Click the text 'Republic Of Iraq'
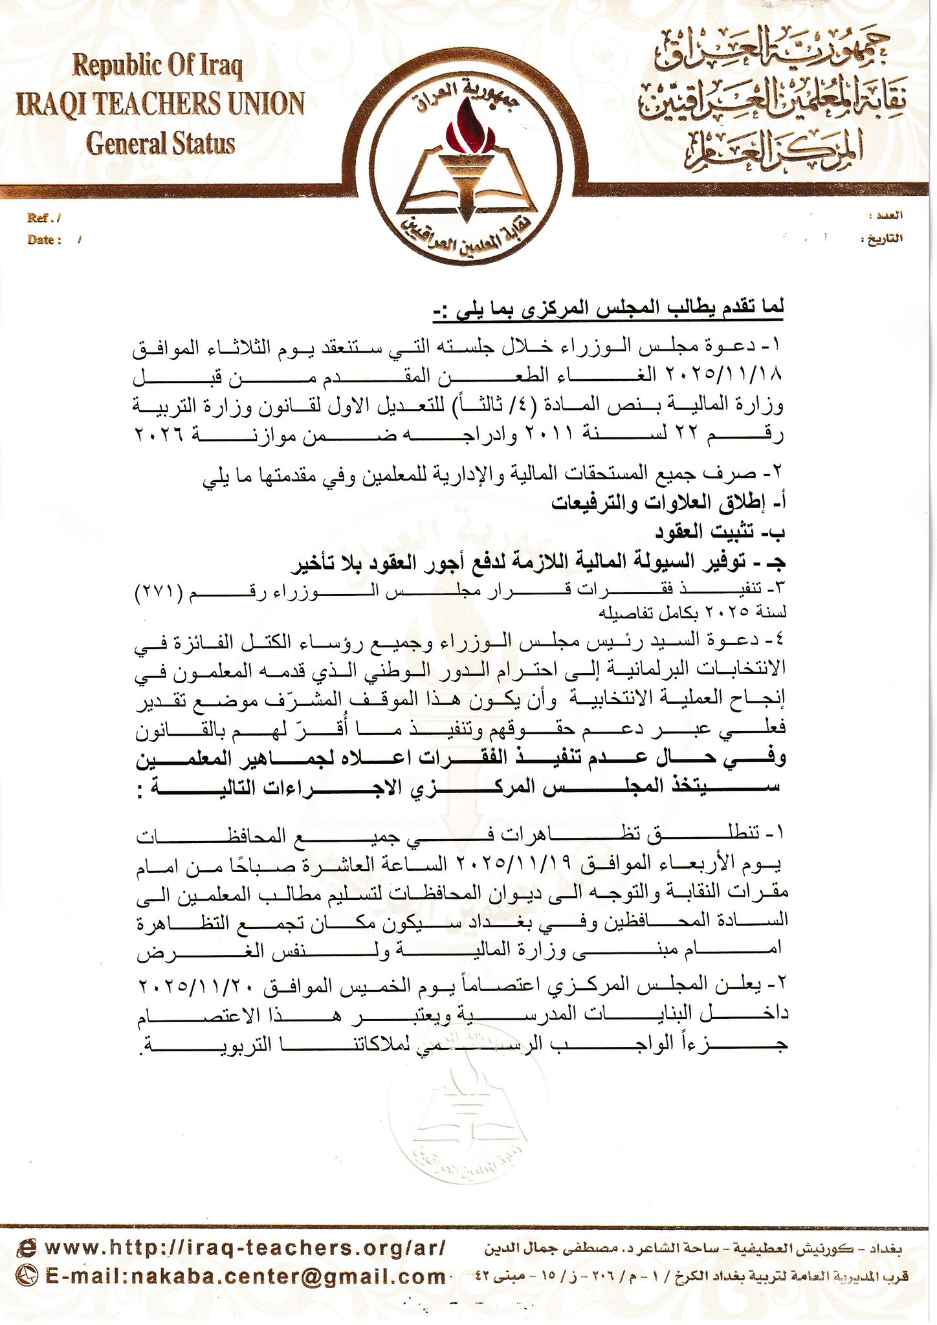pos(158,66)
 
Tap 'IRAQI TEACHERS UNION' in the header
pos(160,105)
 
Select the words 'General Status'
pos(161,144)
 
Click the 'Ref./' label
pos(44,219)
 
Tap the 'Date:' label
pos(44,240)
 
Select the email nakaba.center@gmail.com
pos(245,1276)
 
